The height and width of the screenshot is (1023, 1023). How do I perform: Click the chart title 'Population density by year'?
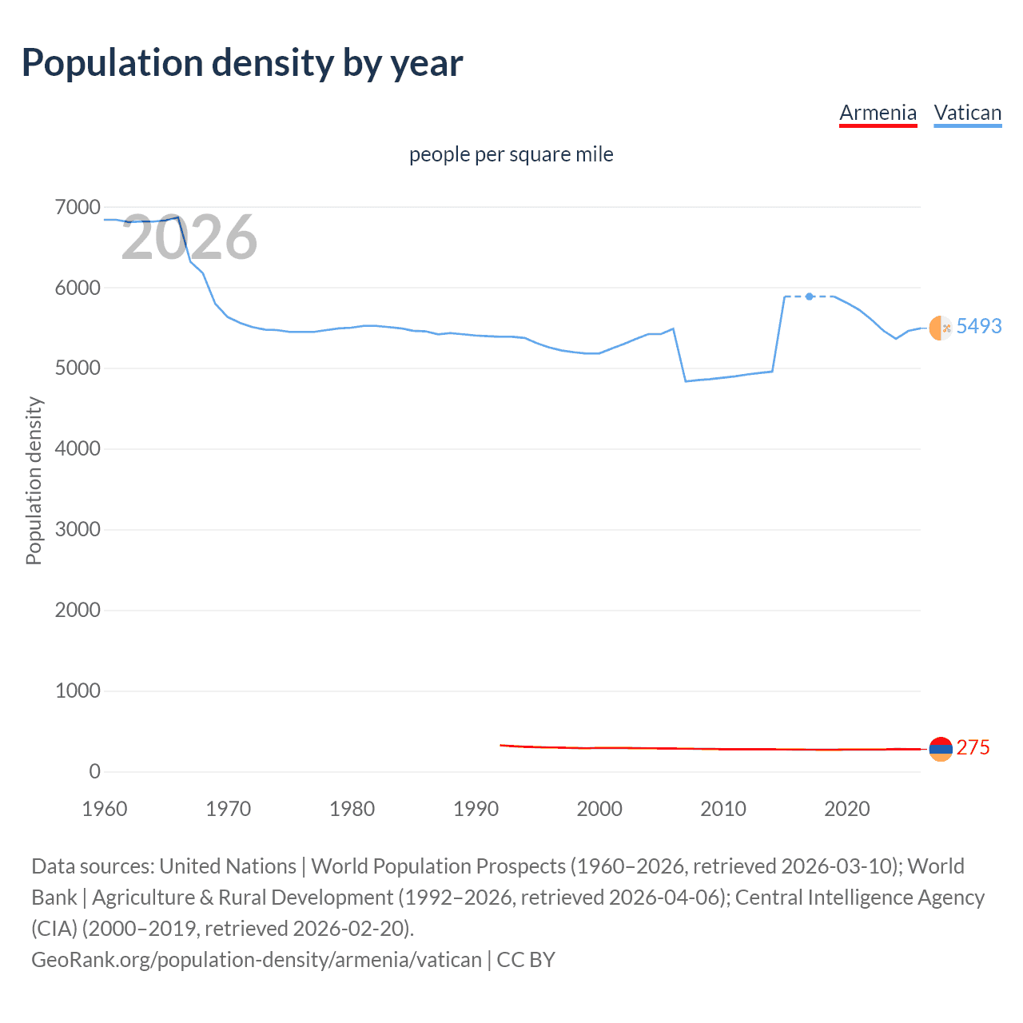242,63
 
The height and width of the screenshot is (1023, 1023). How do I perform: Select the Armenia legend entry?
878,113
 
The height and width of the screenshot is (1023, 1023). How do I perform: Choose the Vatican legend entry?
967,113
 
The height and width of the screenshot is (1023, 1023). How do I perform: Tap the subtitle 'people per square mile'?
511,154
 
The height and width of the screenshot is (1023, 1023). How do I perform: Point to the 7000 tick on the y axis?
78,208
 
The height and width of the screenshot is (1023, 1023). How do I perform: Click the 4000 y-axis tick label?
78,449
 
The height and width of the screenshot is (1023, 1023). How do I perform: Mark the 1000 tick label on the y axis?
78,691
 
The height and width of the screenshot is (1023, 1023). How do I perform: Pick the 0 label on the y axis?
94,771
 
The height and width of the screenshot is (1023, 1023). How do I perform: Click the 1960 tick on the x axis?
105,809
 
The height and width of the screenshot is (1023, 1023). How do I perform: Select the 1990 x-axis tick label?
476,809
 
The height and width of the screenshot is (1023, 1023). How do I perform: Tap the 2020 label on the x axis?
846,809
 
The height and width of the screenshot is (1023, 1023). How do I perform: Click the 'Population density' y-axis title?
34,481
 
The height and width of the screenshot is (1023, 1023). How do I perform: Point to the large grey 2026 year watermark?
189,237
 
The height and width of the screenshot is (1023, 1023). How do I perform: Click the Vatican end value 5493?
978,326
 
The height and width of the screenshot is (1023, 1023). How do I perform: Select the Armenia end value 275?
973,747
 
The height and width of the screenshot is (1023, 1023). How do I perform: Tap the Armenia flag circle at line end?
941,749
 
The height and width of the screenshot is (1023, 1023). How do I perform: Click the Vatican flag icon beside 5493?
941,328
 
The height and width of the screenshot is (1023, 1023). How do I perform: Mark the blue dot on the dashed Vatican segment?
810,297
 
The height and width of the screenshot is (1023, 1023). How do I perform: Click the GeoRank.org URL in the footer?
256,959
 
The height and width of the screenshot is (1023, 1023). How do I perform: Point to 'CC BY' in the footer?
526,959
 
